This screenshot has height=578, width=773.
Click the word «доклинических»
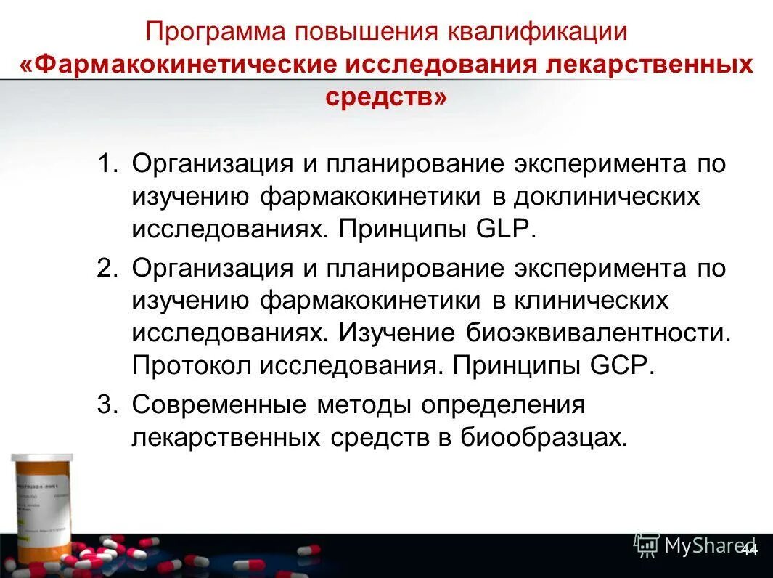tap(607, 197)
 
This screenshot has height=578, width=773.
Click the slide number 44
tap(748, 550)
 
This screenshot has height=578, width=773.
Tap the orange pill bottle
tap(43, 508)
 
